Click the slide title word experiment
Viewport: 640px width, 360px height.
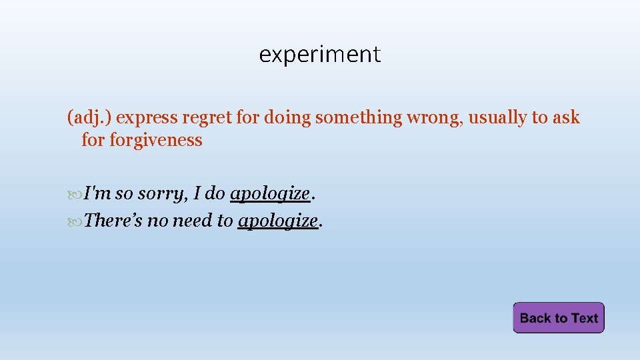tap(319, 54)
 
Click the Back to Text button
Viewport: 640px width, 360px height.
tap(558, 318)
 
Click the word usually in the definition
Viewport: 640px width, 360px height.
tap(497, 118)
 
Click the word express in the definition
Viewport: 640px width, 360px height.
tap(145, 118)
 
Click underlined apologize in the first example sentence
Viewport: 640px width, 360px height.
tap(269, 194)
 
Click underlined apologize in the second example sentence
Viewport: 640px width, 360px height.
tap(277, 221)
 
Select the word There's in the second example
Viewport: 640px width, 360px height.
tap(113, 221)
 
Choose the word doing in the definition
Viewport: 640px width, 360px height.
tap(287, 118)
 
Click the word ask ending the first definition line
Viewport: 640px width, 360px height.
tap(567, 118)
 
